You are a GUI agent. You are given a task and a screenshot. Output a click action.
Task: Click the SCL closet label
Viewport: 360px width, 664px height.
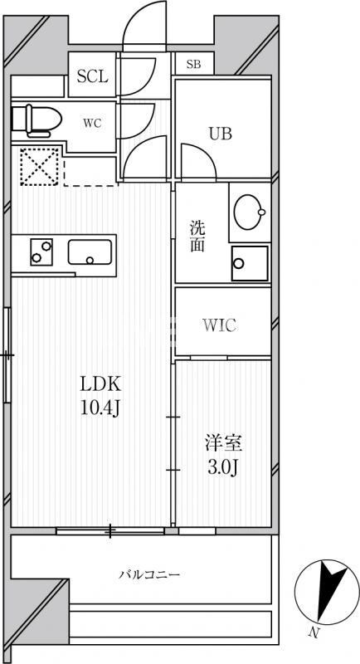92,77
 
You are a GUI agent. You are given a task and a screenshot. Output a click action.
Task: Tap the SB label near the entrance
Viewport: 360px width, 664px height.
193,64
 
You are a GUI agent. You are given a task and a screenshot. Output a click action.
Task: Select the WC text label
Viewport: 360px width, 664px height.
92,124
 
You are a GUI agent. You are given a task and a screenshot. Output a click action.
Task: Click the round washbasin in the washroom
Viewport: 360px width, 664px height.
251,212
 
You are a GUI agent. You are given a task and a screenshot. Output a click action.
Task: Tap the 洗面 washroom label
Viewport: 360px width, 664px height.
197,237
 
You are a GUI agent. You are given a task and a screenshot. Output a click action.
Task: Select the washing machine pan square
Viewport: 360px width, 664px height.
250,265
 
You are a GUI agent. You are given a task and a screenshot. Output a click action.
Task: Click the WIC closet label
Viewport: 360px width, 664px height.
220,325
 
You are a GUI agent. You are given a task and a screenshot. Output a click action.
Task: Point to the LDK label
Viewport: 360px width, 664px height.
100,384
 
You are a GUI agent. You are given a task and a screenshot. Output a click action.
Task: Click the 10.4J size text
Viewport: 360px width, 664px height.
100,408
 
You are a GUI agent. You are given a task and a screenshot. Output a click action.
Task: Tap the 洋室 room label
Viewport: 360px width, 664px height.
223,443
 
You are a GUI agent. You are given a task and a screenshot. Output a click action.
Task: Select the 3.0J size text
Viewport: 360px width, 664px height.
223,467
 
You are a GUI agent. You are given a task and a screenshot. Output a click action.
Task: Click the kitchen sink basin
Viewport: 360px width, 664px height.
91,251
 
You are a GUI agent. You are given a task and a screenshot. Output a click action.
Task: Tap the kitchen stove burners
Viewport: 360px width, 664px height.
41,251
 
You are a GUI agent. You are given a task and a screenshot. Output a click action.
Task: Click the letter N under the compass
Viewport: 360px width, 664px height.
314,635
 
